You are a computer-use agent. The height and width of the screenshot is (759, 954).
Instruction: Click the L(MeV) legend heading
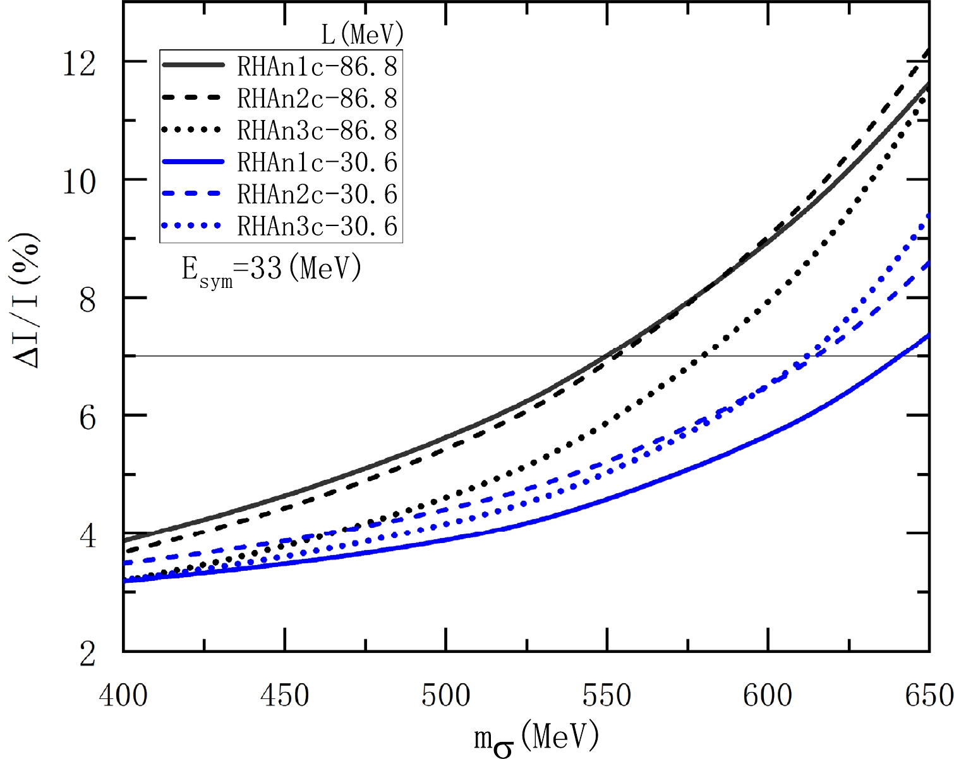point(362,34)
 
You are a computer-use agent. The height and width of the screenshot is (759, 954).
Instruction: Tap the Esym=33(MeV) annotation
point(272,270)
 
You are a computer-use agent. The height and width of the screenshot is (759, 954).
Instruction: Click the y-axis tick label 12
point(79,63)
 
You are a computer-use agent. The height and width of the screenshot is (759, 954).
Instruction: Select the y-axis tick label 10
point(79,181)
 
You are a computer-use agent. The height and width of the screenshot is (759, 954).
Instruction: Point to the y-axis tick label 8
point(87,299)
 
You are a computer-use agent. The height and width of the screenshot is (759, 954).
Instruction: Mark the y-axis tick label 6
point(87,417)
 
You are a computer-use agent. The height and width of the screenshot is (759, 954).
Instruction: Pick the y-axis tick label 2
point(87,654)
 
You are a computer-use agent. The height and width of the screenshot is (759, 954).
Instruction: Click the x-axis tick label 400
point(124,695)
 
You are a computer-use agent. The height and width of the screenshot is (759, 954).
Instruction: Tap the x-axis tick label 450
point(285,695)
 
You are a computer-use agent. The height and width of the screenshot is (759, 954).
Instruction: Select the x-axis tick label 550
point(607,695)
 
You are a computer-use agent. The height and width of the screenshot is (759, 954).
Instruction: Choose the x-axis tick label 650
point(929,695)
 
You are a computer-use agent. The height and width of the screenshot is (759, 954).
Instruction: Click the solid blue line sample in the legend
point(193,163)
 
